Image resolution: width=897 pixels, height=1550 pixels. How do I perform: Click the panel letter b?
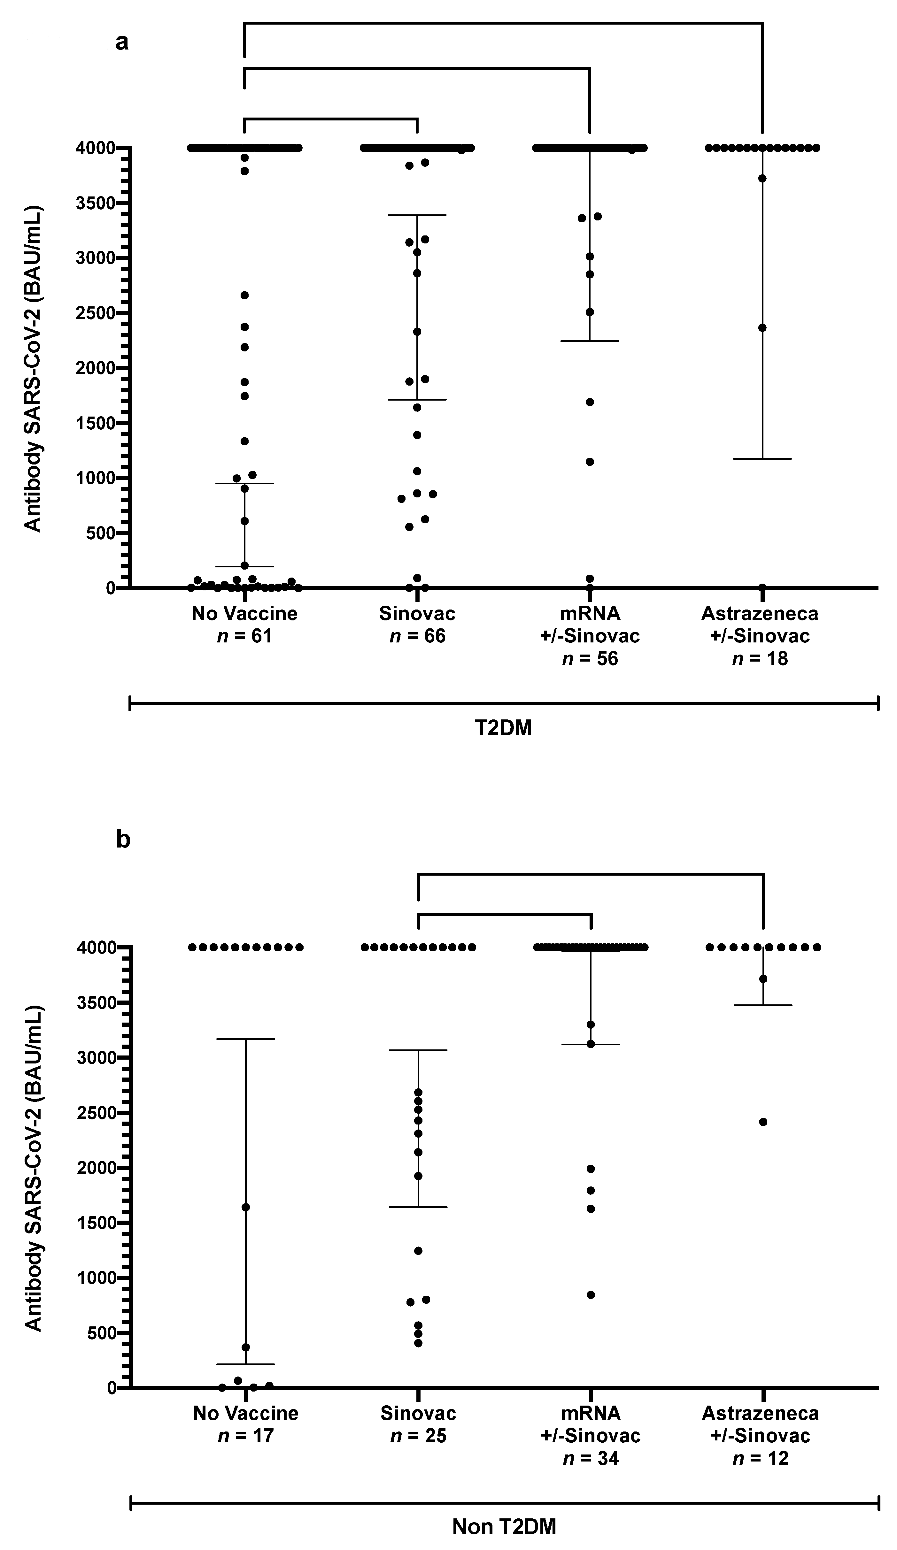click(123, 840)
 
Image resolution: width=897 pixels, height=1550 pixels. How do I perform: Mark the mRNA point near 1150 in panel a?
click(589, 462)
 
